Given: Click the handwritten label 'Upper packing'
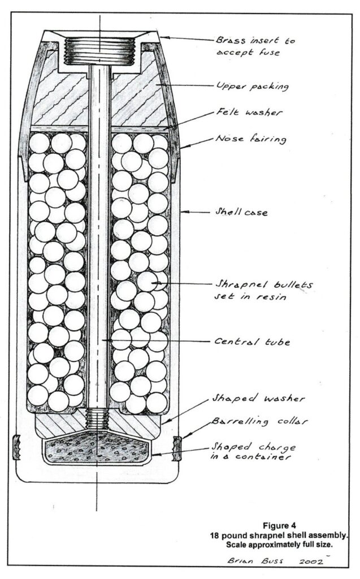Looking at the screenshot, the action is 252,86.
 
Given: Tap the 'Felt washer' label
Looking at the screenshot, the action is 249,112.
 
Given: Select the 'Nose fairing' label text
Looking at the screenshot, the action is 251,139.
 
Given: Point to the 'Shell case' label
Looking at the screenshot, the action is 241,212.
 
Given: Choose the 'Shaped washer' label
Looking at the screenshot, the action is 258,398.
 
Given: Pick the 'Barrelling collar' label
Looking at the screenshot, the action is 259,422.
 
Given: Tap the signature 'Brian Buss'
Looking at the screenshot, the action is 255,560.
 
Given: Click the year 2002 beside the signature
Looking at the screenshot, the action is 311,561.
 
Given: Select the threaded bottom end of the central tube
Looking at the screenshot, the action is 97,420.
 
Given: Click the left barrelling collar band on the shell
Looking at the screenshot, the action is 16,447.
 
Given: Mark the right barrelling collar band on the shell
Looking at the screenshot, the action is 177,448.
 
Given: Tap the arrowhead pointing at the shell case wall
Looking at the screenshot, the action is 185,212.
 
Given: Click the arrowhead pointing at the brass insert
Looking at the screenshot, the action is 164,37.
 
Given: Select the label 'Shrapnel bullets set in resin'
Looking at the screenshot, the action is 263,291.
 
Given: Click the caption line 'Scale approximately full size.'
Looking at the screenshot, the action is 279,545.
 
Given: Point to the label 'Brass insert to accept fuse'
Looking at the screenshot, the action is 255,46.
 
